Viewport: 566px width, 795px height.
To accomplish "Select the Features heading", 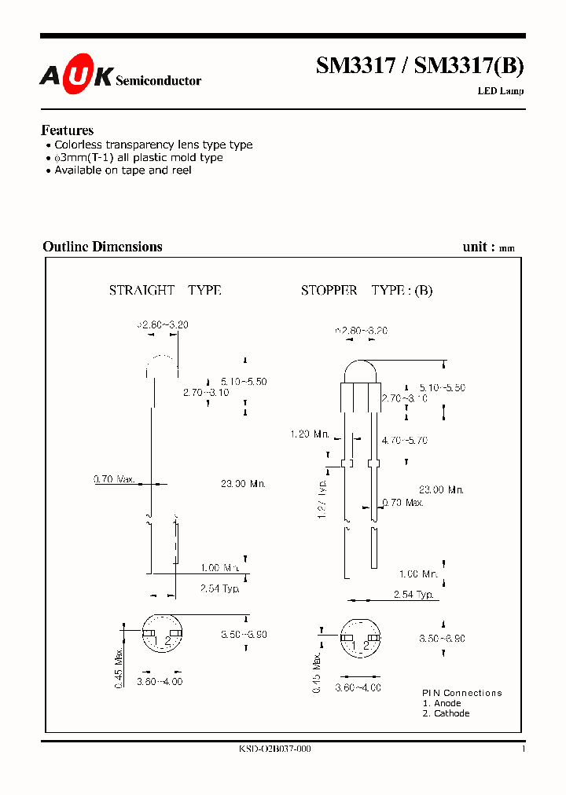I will click(67, 130).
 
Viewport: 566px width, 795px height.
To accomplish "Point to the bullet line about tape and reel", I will click(123, 170).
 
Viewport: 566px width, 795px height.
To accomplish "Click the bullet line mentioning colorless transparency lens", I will click(153, 145).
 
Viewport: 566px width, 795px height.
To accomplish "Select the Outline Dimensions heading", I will click(102, 247).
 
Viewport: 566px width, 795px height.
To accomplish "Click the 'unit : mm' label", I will click(488, 247).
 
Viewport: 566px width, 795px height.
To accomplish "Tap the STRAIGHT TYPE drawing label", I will click(165, 291).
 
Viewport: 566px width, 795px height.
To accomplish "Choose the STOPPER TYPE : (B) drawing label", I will click(366, 291).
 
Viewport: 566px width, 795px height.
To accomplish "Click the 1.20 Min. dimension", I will click(310, 434).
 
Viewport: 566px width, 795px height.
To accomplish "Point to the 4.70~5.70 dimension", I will click(404, 441).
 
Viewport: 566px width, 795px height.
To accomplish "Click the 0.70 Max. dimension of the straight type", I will click(115, 478).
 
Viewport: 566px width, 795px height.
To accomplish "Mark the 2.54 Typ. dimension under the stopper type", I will click(413, 595).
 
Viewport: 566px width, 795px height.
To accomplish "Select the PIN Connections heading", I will click(461, 693).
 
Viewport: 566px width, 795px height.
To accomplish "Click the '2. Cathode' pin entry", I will click(446, 713).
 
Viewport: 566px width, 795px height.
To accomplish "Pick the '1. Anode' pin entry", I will click(442, 703).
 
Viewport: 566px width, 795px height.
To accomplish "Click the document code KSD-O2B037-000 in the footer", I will click(274, 749).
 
